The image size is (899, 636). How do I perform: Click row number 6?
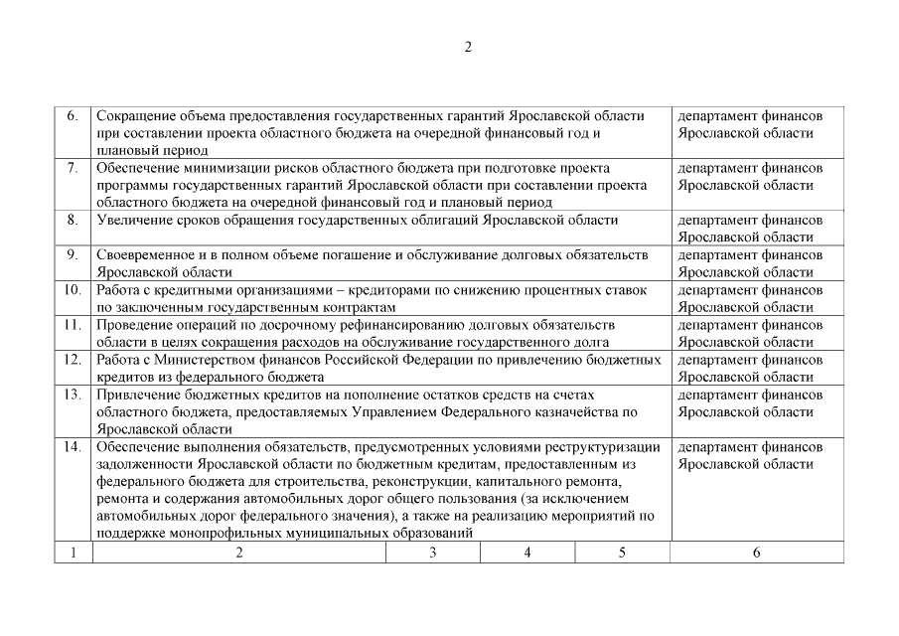(73, 116)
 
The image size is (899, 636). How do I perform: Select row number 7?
(73, 168)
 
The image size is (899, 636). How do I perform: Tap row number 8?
(73, 220)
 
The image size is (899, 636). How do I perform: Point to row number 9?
(73, 255)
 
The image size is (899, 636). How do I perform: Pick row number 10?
(72, 290)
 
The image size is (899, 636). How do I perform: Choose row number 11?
(72, 325)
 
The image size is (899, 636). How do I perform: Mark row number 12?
(72, 360)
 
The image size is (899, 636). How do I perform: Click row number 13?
(72, 395)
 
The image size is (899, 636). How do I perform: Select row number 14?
(72, 446)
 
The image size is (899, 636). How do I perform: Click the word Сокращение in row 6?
(134, 116)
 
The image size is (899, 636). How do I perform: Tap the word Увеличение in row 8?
(133, 220)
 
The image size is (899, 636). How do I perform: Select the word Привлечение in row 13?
(137, 395)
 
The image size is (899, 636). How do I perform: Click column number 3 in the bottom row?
(432, 553)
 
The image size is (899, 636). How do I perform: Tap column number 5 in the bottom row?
(622, 553)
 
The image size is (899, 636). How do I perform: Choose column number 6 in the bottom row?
(756, 553)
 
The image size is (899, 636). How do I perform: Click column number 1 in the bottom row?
(73, 553)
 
